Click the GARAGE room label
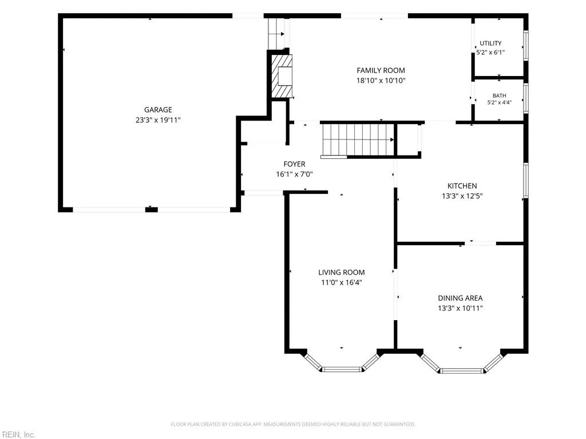(x=158, y=110)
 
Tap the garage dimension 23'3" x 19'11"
(x=158, y=120)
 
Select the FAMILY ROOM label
(x=381, y=70)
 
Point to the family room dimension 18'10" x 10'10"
(x=381, y=80)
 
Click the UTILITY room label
(x=490, y=43)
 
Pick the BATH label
(x=499, y=95)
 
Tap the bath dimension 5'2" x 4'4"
(x=499, y=102)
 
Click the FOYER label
(x=295, y=164)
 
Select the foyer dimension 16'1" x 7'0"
(x=295, y=174)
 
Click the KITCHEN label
(x=462, y=186)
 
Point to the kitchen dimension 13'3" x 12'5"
(x=462, y=196)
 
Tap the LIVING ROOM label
(x=342, y=273)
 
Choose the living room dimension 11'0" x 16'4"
(x=342, y=282)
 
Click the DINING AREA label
(x=461, y=298)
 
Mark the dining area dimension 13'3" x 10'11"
(x=461, y=308)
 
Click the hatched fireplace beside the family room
(x=281, y=76)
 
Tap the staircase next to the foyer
(x=358, y=139)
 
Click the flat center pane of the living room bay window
(x=342, y=370)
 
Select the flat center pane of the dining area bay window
(x=461, y=370)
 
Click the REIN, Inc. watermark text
(x=18, y=434)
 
